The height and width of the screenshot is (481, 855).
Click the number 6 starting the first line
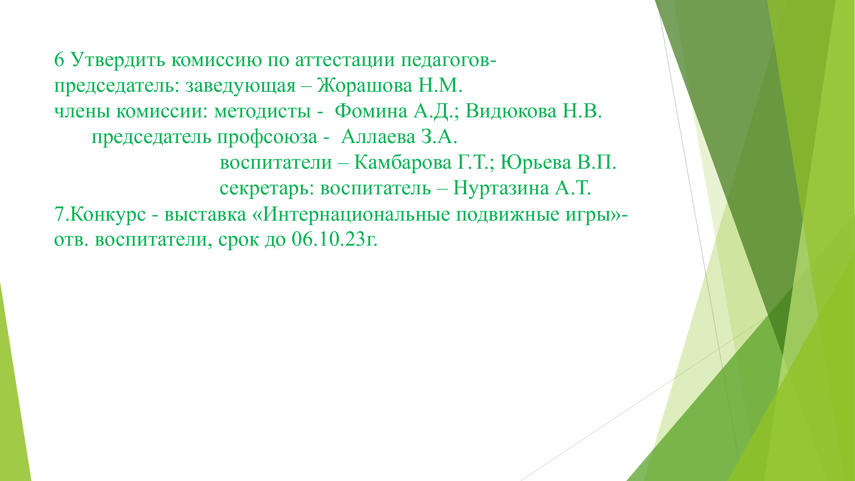tap(59, 60)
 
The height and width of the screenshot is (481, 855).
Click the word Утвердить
tap(118, 60)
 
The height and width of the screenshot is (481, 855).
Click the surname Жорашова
tap(365, 85)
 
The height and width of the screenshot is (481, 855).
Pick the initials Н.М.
tap(440, 85)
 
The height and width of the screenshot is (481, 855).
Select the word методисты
tap(263, 112)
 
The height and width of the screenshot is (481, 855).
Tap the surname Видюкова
tap(511, 111)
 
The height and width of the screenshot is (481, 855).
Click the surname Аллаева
tap(378, 137)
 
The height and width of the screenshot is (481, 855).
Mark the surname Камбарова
tap(403, 163)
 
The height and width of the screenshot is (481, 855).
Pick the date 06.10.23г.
tap(335, 240)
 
